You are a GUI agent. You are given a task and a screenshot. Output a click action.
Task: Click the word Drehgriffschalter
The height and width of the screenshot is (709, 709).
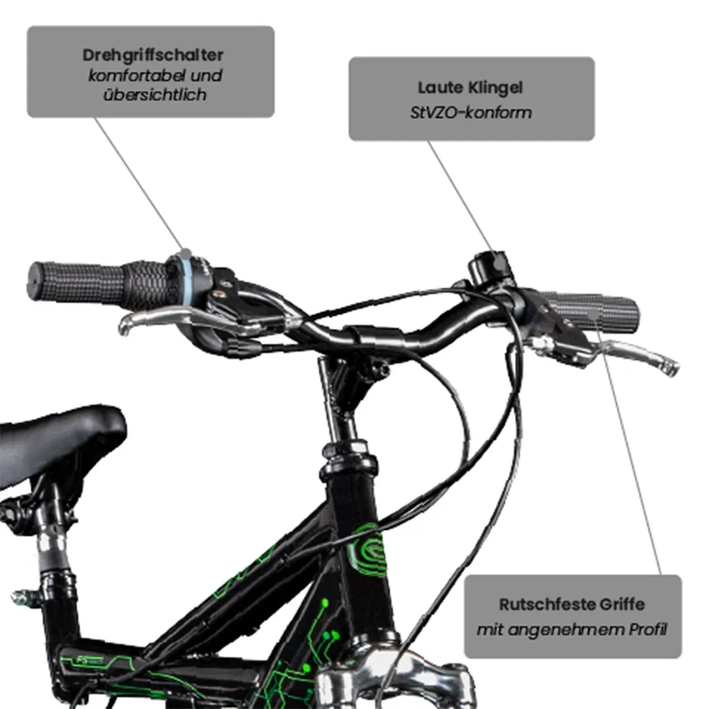point(153,55)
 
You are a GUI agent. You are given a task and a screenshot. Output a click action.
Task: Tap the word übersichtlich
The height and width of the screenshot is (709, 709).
point(154,94)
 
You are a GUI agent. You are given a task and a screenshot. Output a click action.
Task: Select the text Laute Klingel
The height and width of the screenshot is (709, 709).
point(470,88)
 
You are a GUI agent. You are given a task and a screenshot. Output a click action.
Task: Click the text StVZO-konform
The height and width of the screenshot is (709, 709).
point(471,112)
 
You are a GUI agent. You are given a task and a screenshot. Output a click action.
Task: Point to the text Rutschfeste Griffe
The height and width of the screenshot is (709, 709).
point(572,604)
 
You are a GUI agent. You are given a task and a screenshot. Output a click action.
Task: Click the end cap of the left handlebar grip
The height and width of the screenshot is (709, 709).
point(35,281)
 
